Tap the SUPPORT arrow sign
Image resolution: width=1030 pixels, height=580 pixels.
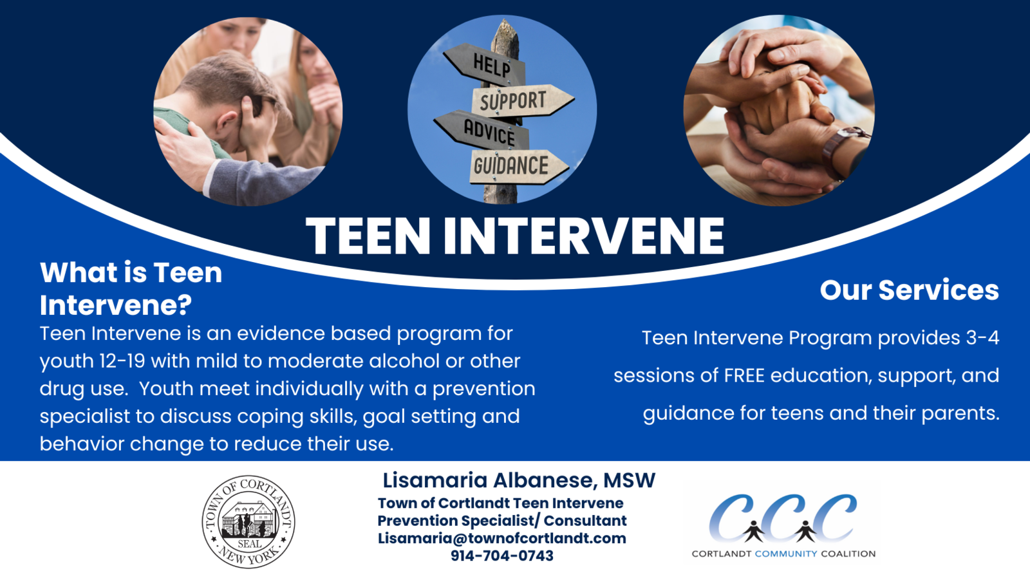click(x=523, y=100)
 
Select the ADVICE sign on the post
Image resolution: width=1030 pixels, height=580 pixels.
click(x=483, y=131)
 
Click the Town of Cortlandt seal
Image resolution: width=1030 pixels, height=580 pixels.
click(x=248, y=521)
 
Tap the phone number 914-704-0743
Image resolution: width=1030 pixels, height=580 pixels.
click(x=501, y=556)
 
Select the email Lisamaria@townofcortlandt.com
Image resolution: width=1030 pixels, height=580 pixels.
click(x=501, y=538)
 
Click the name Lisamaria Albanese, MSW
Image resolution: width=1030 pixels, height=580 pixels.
click(x=519, y=480)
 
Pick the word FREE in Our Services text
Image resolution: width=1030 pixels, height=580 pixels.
click(x=744, y=375)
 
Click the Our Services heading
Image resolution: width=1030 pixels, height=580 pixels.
click(x=909, y=290)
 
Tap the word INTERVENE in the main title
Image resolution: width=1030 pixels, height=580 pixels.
click(x=584, y=236)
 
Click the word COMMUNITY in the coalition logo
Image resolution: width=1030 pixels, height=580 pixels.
click(x=786, y=554)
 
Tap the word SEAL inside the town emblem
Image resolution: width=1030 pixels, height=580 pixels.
click(x=250, y=544)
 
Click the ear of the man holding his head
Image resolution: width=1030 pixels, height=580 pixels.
click(x=225, y=122)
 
